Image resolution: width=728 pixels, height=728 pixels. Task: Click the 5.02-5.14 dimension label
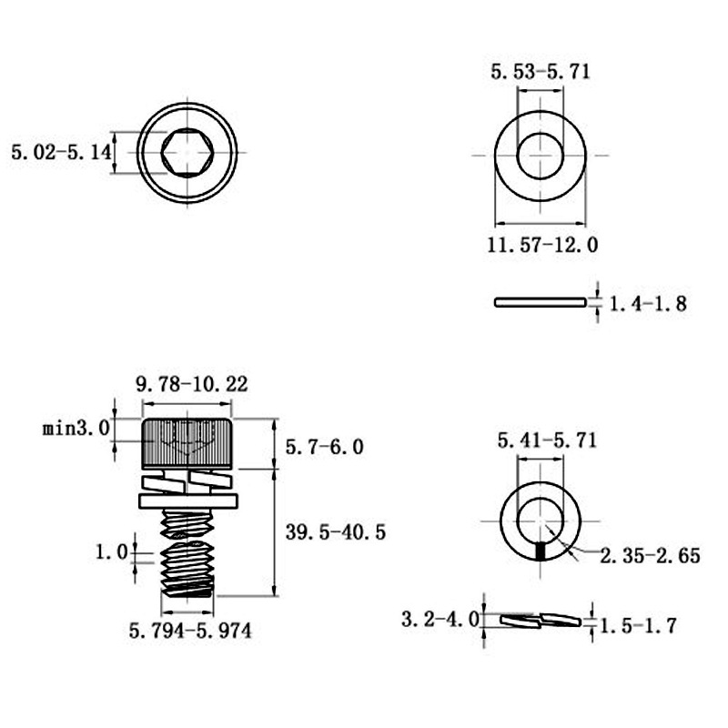(x=61, y=152)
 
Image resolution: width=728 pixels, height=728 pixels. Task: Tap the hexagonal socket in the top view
(x=187, y=152)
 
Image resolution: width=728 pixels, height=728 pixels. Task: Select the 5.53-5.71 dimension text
(x=541, y=72)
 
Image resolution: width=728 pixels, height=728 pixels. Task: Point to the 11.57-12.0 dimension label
(x=542, y=245)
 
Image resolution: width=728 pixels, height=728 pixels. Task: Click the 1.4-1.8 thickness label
(x=647, y=304)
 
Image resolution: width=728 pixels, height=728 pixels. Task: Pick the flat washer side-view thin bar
(x=541, y=302)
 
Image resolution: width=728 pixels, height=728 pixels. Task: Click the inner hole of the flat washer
(x=540, y=156)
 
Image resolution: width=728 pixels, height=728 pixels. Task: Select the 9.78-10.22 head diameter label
(x=192, y=384)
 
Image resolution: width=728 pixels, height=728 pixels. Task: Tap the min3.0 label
(x=76, y=428)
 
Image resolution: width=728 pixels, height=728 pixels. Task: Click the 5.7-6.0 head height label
(x=324, y=447)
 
